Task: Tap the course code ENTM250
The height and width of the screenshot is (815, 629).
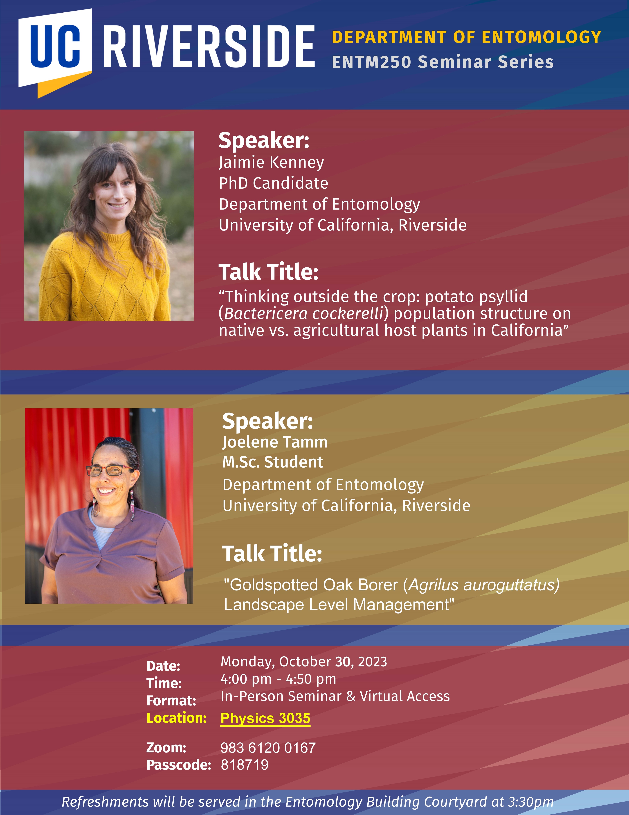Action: point(371,62)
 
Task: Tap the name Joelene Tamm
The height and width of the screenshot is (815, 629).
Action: point(275,442)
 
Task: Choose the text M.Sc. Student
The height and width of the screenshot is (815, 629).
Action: point(273,462)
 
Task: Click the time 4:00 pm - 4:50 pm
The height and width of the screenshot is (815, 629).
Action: point(278,679)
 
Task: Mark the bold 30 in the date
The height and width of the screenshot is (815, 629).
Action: point(343,662)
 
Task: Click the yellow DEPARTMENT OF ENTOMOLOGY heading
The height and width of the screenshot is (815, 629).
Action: point(466,37)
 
